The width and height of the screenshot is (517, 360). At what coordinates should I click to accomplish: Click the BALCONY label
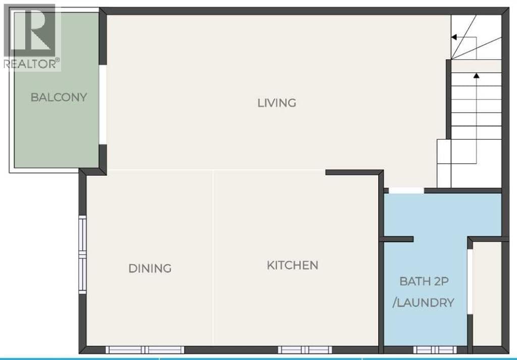coord(59,97)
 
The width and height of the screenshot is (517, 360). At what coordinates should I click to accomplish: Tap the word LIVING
coord(277,103)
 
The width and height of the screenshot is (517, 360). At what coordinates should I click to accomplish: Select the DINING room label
coord(150,268)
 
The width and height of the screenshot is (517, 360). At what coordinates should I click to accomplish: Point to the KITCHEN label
coord(292,266)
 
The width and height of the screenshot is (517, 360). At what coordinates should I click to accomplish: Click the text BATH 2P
coord(424,282)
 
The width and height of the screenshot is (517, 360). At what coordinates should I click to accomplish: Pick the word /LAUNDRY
coord(424,302)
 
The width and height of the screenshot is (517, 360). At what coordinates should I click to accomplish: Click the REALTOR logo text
coord(32,64)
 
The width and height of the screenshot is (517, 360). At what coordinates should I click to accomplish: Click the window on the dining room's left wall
coord(82,254)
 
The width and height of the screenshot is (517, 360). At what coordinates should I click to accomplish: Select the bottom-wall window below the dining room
coord(145,350)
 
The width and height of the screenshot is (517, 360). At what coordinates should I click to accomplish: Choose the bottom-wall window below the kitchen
coord(305,350)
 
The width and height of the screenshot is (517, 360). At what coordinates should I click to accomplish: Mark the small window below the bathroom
coord(435,350)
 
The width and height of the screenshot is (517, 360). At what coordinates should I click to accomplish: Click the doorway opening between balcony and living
coord(103,105)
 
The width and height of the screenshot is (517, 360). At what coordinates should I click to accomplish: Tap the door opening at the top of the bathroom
coord(406,190)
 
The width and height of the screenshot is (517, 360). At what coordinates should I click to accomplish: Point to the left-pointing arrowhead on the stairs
coord(454,37)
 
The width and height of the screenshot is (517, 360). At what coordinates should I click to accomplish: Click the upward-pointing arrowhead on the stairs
coord(477,76)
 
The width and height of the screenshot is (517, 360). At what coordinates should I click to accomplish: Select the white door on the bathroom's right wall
coord(470,281)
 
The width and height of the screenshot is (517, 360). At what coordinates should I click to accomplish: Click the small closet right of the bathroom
coord(487,294)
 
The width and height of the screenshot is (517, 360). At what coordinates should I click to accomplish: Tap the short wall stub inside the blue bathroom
coord(397,239)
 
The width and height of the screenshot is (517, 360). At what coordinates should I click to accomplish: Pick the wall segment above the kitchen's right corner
coord(354,172)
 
